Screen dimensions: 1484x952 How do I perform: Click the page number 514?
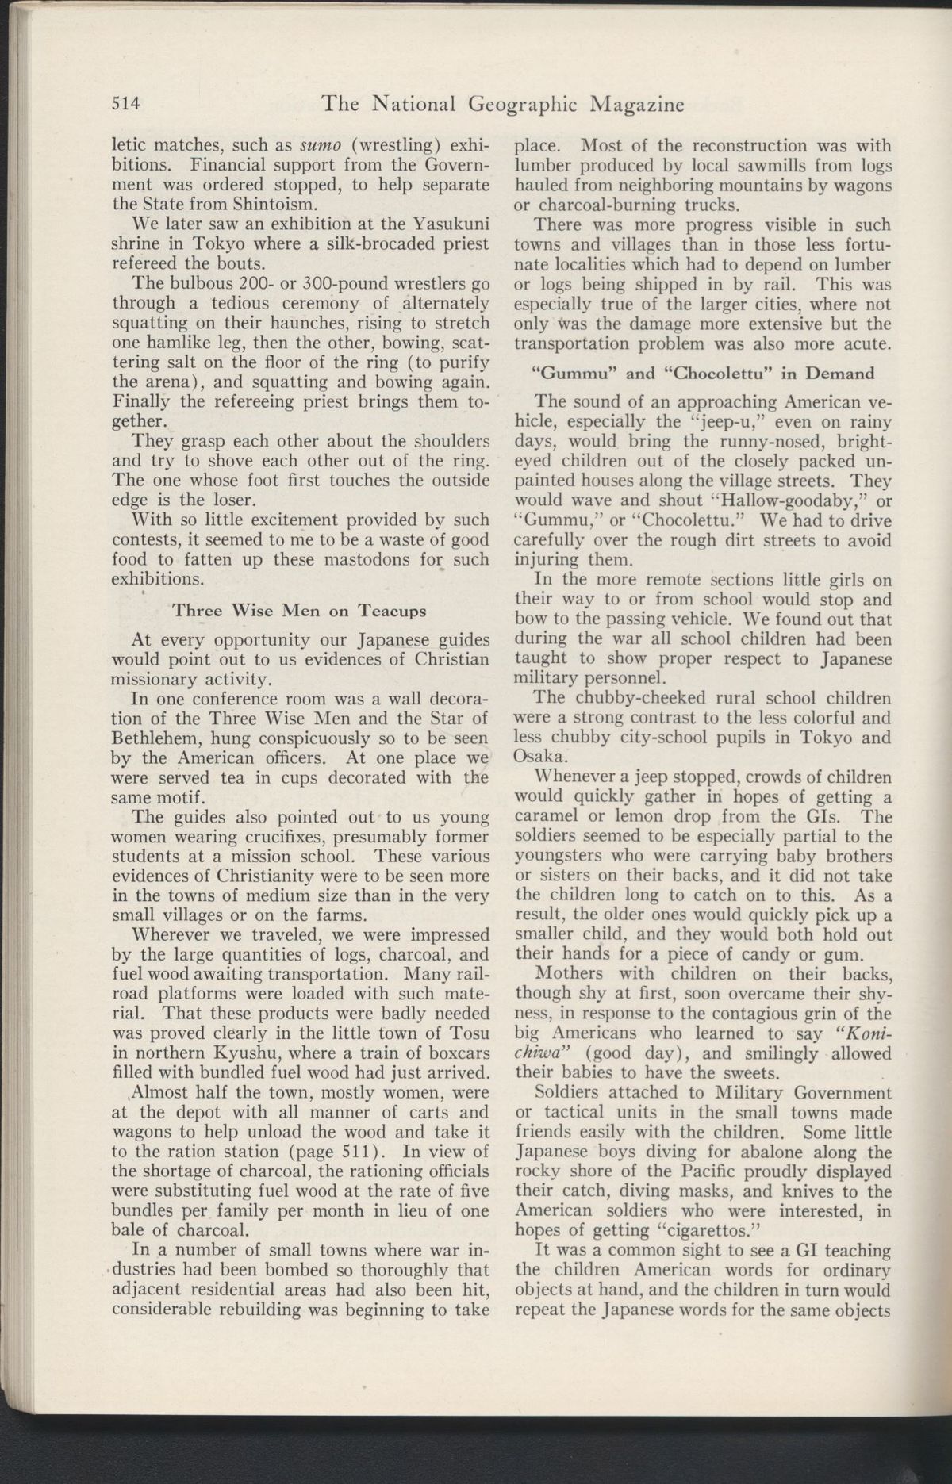pyautogui.click(x=126, y=103)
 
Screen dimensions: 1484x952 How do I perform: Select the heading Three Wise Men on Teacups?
pyautogui.click(x=300, y=611)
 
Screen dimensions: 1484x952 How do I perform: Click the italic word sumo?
pyautogui.click(x=321, y=146)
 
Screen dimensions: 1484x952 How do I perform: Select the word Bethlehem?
pyautogui.click(x=152, y=738)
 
